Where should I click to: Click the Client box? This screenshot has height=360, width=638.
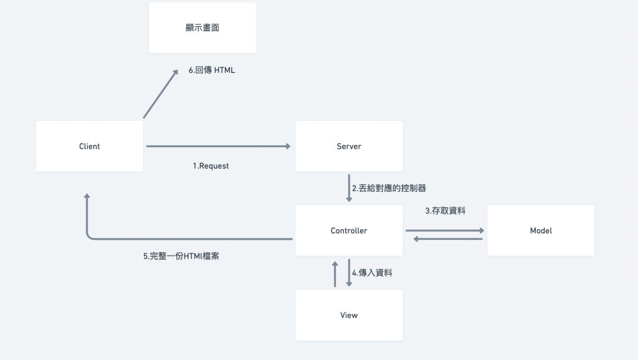click(x=89, y=146)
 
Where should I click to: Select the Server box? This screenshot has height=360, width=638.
click(x=348, y=146)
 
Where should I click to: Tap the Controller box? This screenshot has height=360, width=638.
click(x=348, y=230)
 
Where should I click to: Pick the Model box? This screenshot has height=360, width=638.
click(x=540, y=230)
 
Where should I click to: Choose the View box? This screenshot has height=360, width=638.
click(x=348, y=315)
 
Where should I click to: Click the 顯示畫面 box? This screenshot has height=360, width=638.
click(x=202, y=28)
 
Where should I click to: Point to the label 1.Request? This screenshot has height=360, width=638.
click(x=211, y=166)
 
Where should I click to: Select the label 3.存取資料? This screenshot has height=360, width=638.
click(x=445, y=211)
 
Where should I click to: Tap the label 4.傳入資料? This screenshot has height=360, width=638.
click(x=372, y=273)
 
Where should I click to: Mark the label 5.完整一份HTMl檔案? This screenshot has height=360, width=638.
click(x=181, y=255)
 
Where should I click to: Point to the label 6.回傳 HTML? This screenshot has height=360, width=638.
click(x=212, y=70)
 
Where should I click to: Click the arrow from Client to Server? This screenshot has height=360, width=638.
click(x=218, y=146)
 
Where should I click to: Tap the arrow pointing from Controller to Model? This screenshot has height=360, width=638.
click(x=445, y=230)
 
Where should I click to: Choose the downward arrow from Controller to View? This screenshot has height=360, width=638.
click(x=349, y=273)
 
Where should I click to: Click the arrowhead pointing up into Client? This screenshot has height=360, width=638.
click(x=87, y=198)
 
